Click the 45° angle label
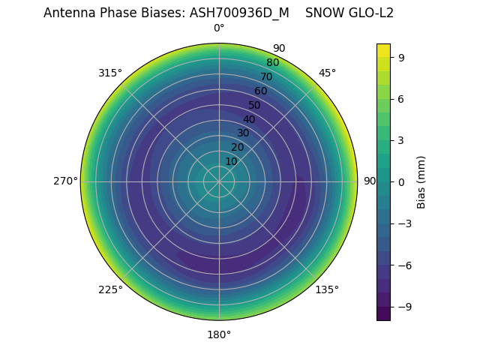(x=327, y=73)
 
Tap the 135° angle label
(x=327, y=289)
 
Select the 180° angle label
(x=219, y=334)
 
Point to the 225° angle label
(x=110, y=289)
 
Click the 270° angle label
(x=65, y=181)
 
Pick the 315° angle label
(x=110, y=73)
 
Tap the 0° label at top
(x=219, y=28)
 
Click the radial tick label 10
(x=231, y=161)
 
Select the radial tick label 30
(x=243, y=133)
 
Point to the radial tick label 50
(x=255, y=105)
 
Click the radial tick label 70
(x=266, y=76)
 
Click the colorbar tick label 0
(x=402, y=181)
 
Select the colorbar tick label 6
(x=402, y=98)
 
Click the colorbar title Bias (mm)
(x=421, y=181)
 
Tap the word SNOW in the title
(x=321, y=13)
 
